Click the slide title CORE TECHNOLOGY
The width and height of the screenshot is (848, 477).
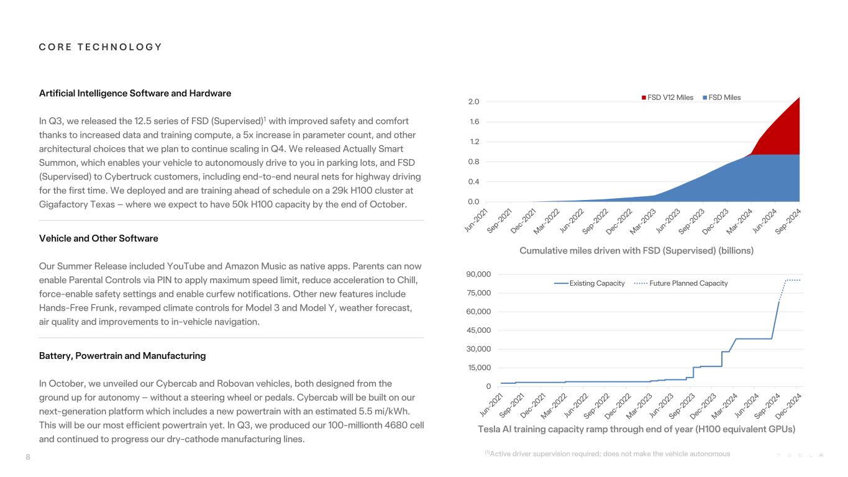[x=101, y=47]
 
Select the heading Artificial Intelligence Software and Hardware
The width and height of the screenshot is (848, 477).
[x=135, y=93]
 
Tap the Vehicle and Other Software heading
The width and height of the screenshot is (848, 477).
[x=98, y=238]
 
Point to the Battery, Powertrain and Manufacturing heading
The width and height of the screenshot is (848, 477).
[x=122, y=356]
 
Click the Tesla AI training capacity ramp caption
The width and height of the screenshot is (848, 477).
[x=636, y=429]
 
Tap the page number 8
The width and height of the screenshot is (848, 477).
[x=28, y=457]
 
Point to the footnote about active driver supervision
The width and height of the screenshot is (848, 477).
[x=607, y=454]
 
